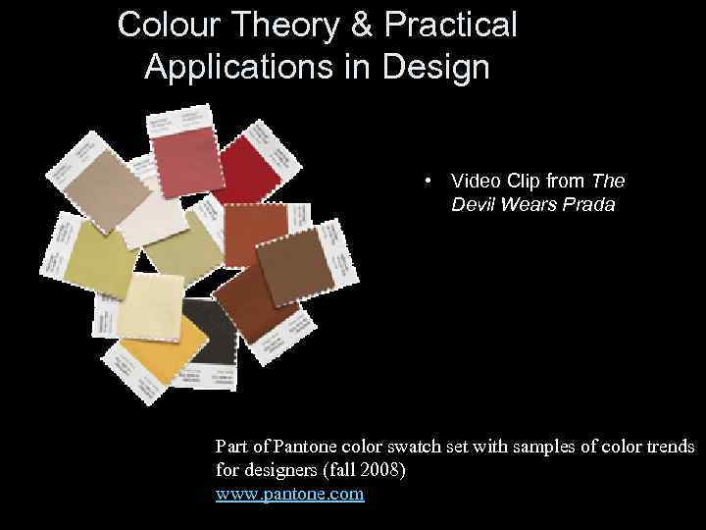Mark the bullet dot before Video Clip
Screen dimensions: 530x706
[429, 182]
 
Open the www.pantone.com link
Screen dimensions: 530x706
[289, 494]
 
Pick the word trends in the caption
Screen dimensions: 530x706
[668, 447]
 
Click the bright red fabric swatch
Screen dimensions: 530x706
[252, 167]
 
